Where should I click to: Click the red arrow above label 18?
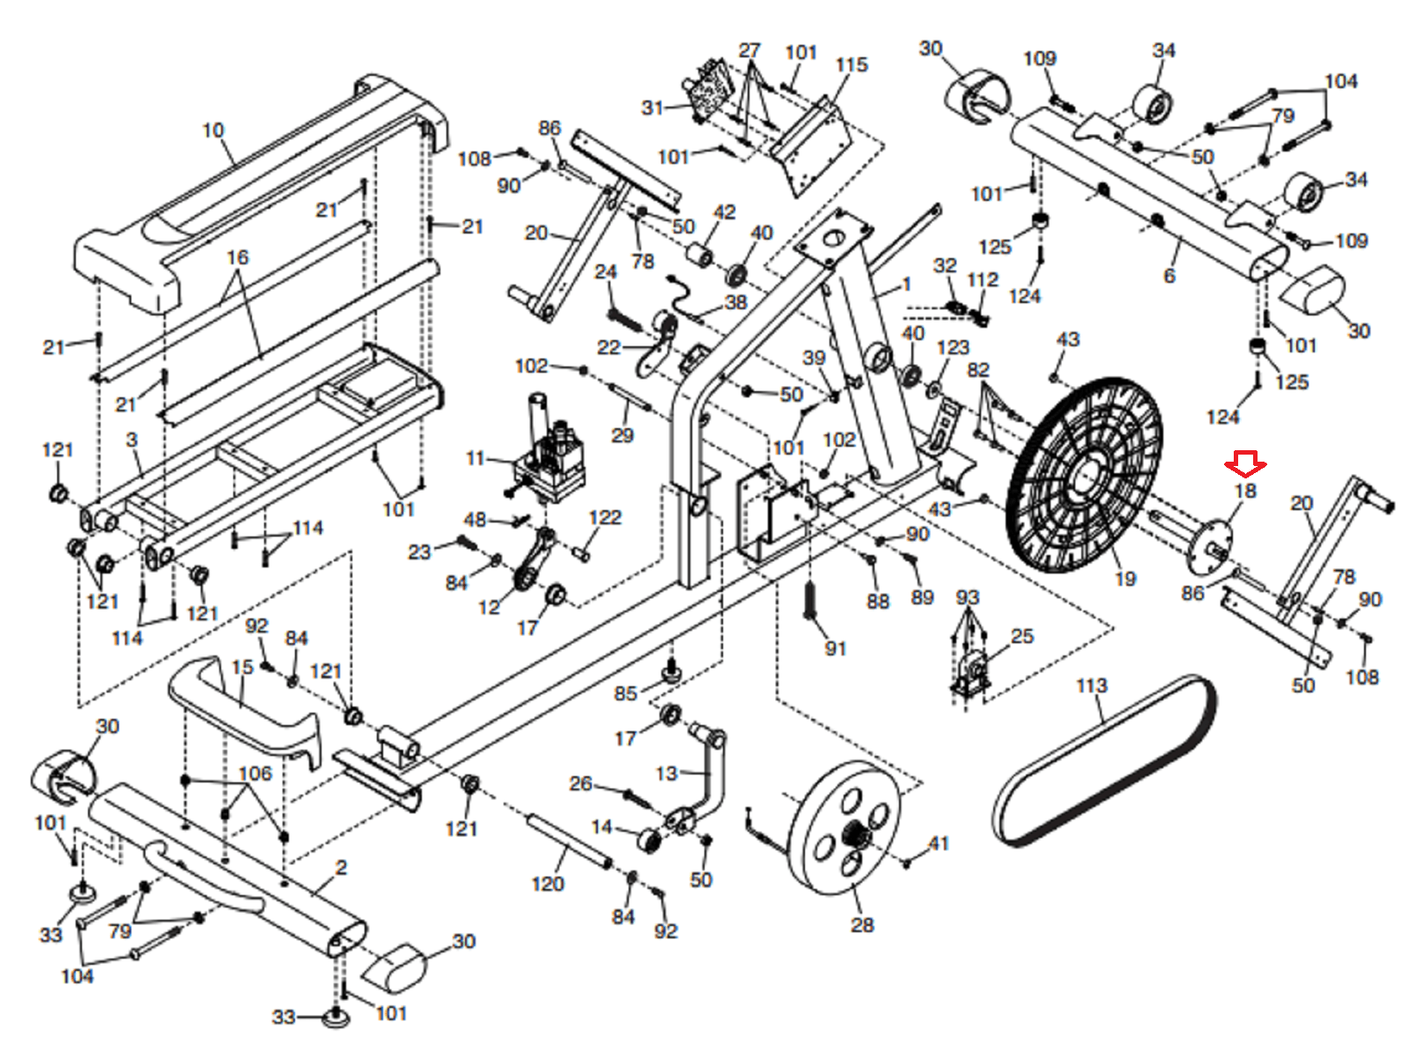pyautogui.click(x=1245, y=463)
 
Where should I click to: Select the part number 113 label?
pyautogui.click(x=1091, y=685)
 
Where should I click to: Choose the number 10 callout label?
pyautogui.click(x=213, y=130)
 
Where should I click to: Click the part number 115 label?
pyautogui.click(x=851, y=65)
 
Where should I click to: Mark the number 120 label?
pyautogui.click(x=548, y=884)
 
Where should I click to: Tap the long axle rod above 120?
pyautogui.click(x=568, y=842)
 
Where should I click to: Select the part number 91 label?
pyautogui.click(x=835, y=648)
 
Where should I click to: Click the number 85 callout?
pyautogui.click(x=625, y=693)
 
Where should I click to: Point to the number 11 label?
pyautogui.click(x=476, y=458)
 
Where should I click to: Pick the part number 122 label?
pyautogui.click(x=605, y=517)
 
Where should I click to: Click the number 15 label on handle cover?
pyautogui.click(x=242, y=667)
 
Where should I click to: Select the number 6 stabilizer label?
pyautogui.click(x=1169, y=276)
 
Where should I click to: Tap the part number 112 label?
pyautogui.click(x=982, y=280)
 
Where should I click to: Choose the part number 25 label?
pyautogui.click(x=1022, y=636)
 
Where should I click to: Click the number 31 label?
pyautogui.click(x=652, y=107)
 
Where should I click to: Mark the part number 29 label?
pyautogui.click(x=622, y=434)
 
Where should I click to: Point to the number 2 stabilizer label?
pyautogui.click(x=341, y=868)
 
